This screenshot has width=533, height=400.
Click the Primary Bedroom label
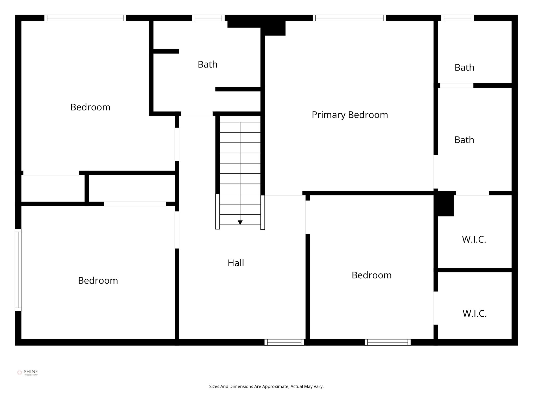pyautogui.click(x=350, y=115)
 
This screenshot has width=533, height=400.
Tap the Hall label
pyautogui.click(x=236, y=263)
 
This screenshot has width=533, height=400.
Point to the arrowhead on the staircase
pyautogui.click(x=240, y=222)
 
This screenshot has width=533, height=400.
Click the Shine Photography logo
pyautogui.click(x=27, y=373)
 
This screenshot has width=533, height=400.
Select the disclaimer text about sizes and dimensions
pyautogui.click(x=266, y=386)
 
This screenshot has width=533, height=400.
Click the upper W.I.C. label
pyautogui.click(x=474, y=240)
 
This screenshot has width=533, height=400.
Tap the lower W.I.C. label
pyautogui.click(x=474, y=314)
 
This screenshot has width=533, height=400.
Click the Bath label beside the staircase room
pyautogui.click(x=207, y=64)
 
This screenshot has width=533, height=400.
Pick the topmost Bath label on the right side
pyautogui.click(x=464, y=68)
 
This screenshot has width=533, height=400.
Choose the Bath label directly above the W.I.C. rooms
pyautogui.click(x=464, y=140)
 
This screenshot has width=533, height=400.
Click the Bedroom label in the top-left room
pyautogui.click(x=90, y=107)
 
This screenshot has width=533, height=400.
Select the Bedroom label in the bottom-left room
pyautogui.click(x=98, y=280)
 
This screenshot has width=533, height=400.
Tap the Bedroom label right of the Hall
pyautogui.click(x=371, y=275)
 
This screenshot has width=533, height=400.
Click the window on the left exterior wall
pyautogui.click(x=18, y=270)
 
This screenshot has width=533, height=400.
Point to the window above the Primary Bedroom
pyautogui.click(x=349, y=18)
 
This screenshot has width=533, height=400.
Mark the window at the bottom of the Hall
pyautogui.click(x=284, y=342)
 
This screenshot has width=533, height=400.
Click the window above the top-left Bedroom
pyautogui.click(x=85, y=18)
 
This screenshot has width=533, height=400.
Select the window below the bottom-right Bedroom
pyautogui.click(x=388, y=342)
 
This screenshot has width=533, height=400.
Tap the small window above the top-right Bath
pyautogui.click(x=457, y=18)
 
